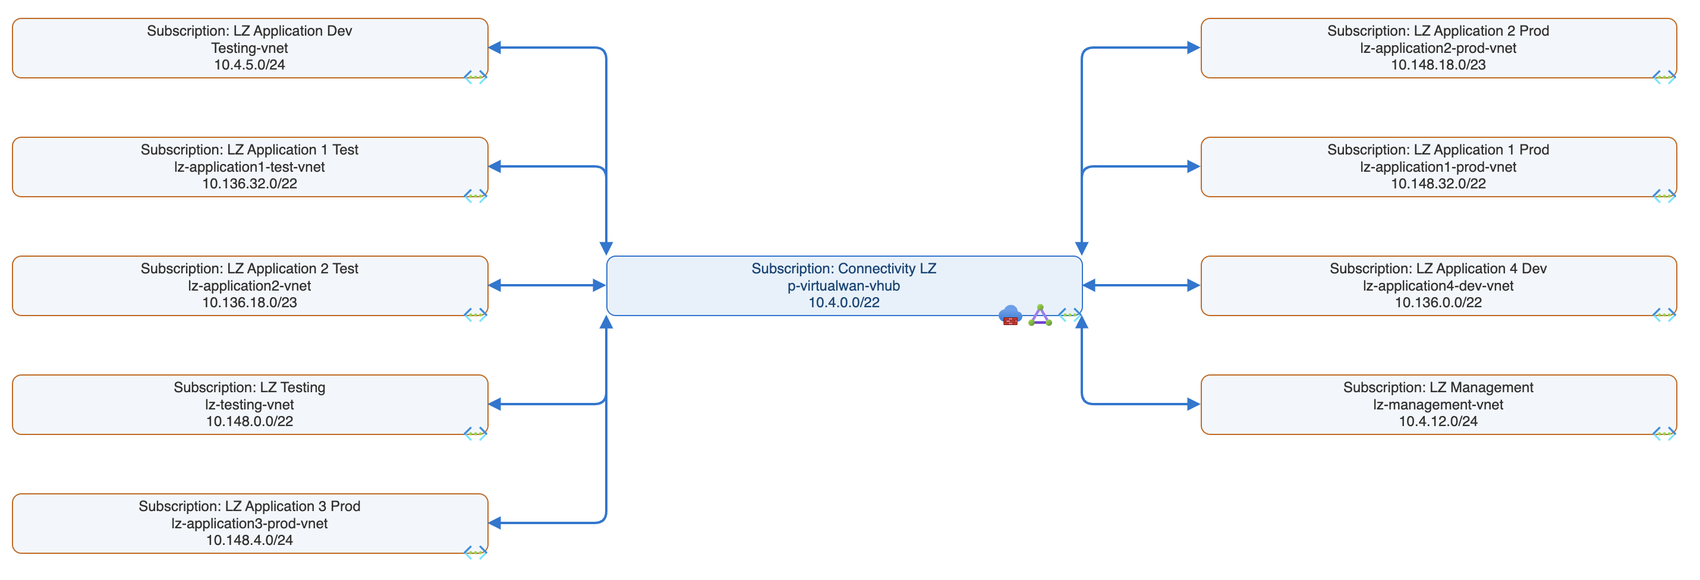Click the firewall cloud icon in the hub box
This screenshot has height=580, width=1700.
click(x=1010, y=315)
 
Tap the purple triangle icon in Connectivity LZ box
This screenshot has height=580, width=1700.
click(x=1040, y=316)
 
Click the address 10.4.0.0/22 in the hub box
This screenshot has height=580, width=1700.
click(x=843, y=302)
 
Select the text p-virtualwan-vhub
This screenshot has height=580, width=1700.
click(x=843, y=286)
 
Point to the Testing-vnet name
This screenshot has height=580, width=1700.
click(x=250, y=48)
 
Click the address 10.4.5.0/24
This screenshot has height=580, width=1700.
click(x=250, y=65)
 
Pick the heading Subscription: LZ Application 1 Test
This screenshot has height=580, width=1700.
click(x=250, y=150)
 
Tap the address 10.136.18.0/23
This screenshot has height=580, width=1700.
click(x=250, y=302)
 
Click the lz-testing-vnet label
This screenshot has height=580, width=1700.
click(x=250, y=405)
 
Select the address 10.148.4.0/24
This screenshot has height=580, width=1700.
click(x=250, y=540)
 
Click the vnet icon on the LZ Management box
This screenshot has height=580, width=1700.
click(x=1664, y=434)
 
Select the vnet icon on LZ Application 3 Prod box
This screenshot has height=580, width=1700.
click(x=475, y=552)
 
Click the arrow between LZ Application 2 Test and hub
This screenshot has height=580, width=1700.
click(x=547, y=285)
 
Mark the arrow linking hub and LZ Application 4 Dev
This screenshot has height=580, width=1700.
click(x=1141, y=285)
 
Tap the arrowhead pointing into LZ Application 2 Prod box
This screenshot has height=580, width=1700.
click(x=1192, y=48)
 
